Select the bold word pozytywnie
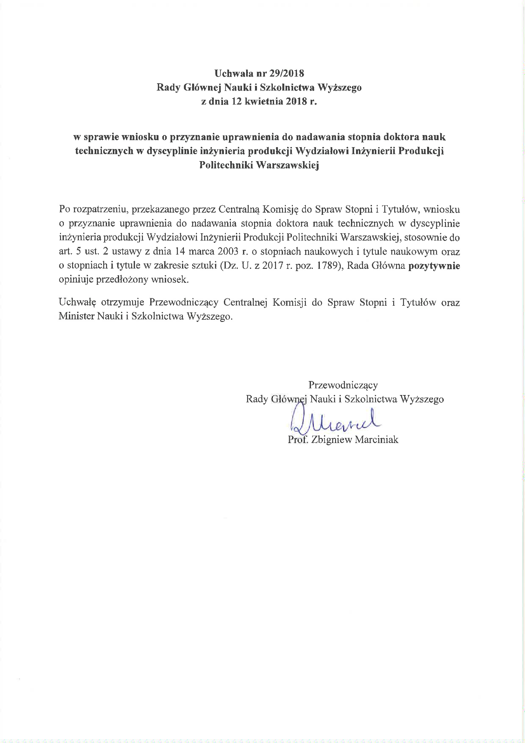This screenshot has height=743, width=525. (434, 266)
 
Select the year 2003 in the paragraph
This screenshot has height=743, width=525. (228, 251)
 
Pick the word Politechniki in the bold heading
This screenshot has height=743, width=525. (225, 165)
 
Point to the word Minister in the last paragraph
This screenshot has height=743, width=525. (76, 316)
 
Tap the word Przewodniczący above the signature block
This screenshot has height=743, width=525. (343, 385)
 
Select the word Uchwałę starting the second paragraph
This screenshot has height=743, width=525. (77, 302)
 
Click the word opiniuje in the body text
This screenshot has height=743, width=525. (76, 280)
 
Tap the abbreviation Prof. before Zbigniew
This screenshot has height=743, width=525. (298, 440)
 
